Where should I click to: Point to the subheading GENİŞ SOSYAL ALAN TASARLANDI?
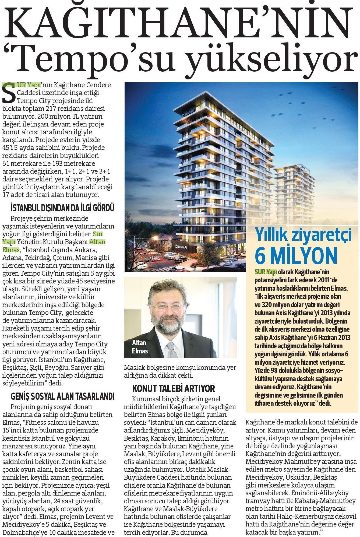62,396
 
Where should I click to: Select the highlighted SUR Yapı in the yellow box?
266,272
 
